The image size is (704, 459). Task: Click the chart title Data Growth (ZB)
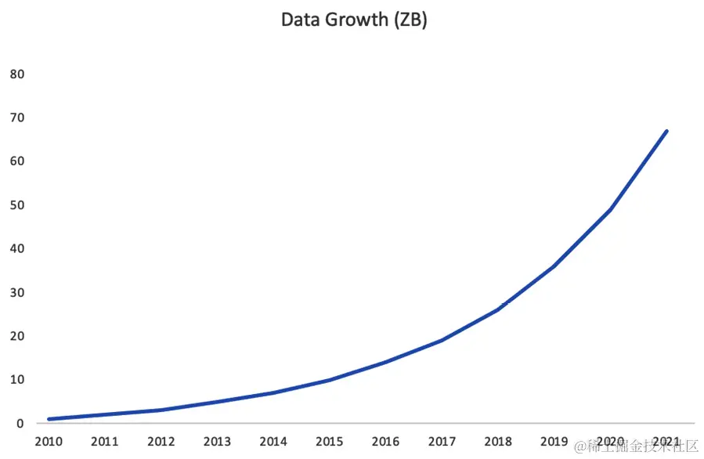pyautogui.click(x=354, y=20)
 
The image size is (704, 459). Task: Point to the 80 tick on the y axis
pyautogui.click(x=16, y=74)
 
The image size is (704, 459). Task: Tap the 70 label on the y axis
pyautogui.click(x=16, y=117)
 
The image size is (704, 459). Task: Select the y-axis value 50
pyautogui.click(x=16, y=205)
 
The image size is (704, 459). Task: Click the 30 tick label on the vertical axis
pyautogui.click(x=16, y=293)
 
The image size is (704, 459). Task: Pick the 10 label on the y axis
pyautogui.click(x=16, y=380)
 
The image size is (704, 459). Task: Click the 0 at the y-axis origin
pyautogui.click(x=20, y=424)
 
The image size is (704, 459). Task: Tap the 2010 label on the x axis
pyautogui.click(x=49, y=442)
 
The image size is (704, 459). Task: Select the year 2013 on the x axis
pyautogui.click(x=217, y=442)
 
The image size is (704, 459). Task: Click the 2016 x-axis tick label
pyautogui.click(x=385, y=442)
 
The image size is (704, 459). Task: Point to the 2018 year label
pyautogui.click(x=498, y=442)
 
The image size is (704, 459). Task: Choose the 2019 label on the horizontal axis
pyautogui.click(x=554, y=442)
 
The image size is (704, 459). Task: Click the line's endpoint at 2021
pyautogui.click(x=666, y=131)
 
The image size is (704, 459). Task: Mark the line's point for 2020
pyautogui.click(x=610, y=209)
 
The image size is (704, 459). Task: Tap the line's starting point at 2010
pyautogui.click(x=49, y=419)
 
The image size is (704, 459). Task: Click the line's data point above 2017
pyautogui.click(x=442, y=340)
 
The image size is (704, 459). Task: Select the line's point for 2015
pyautogui.click(x=329, y=380)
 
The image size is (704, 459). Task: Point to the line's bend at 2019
pyautogui.click(x=554, y=266)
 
